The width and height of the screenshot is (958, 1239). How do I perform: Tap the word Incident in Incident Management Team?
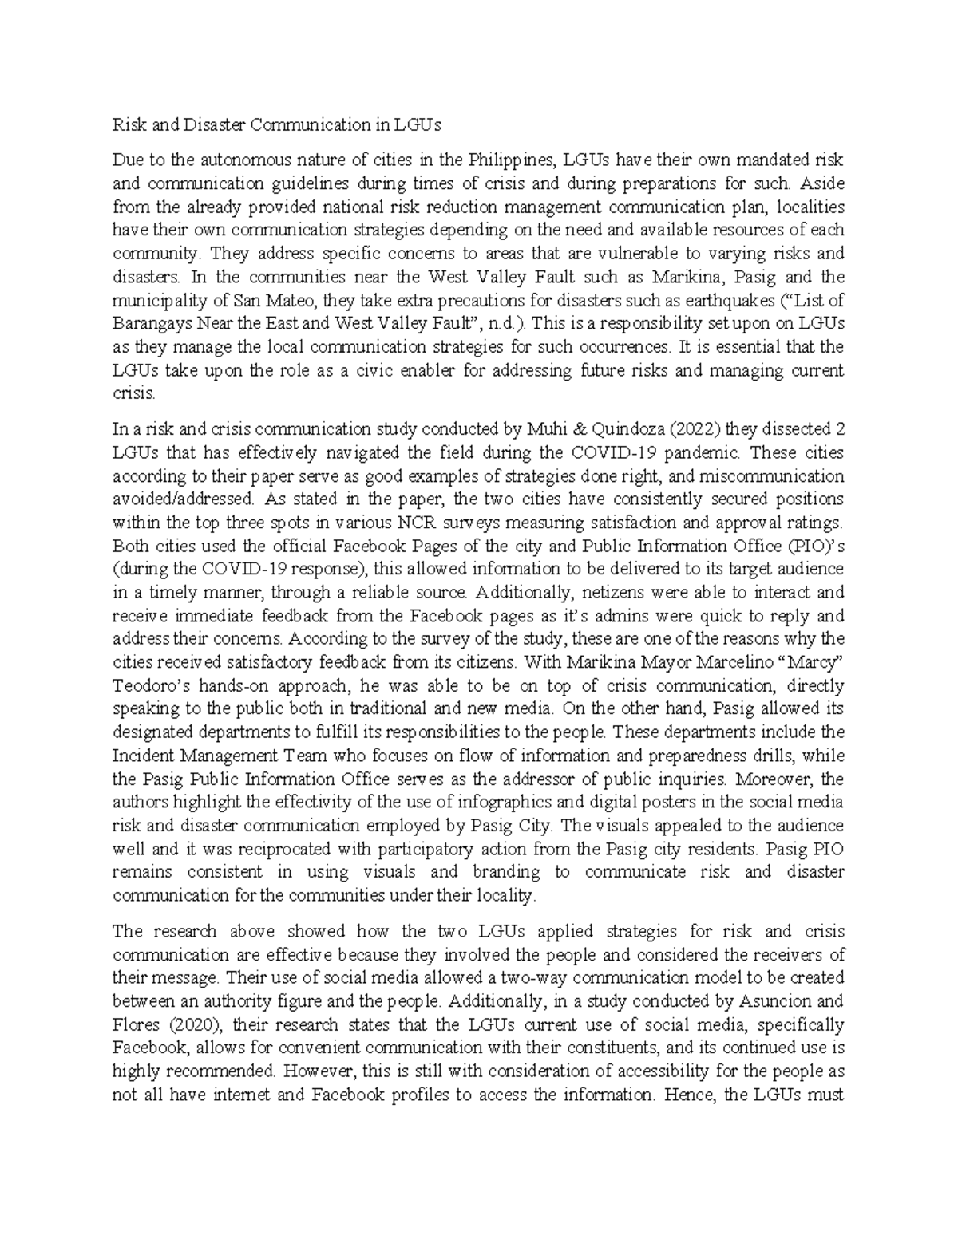click(142, 756)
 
